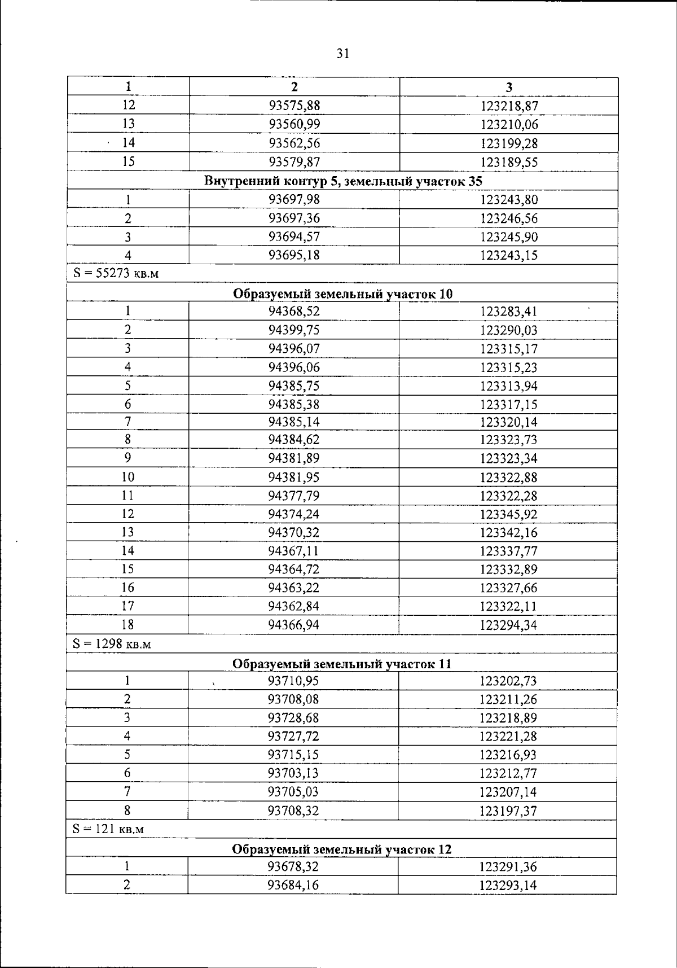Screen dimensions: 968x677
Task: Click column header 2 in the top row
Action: point(294,86)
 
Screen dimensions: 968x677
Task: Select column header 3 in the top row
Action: point(509,87)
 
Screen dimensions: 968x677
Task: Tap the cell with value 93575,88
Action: point(294,106)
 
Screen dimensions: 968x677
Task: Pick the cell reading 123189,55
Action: point(509,163)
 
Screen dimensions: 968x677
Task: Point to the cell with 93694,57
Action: point(294,236)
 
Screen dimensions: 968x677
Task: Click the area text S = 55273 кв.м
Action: point(116,274)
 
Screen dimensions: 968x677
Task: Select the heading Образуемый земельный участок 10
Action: point(342,294)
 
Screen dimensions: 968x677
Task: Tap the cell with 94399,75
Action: point(294,330)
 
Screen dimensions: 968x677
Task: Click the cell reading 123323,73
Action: point(508,440)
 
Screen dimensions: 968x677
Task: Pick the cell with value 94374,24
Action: point(294,514)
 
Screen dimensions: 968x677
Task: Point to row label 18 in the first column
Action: point(128,625)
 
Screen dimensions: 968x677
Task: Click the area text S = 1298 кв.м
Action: point(112,643)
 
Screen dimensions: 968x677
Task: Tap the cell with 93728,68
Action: point(293,718)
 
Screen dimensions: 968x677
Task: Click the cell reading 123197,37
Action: point(508,811)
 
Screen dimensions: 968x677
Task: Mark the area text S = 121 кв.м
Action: point(108,829)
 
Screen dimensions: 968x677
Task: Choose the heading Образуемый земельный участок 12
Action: point(342,849)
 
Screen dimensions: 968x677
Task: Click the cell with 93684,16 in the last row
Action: point(293,885)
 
